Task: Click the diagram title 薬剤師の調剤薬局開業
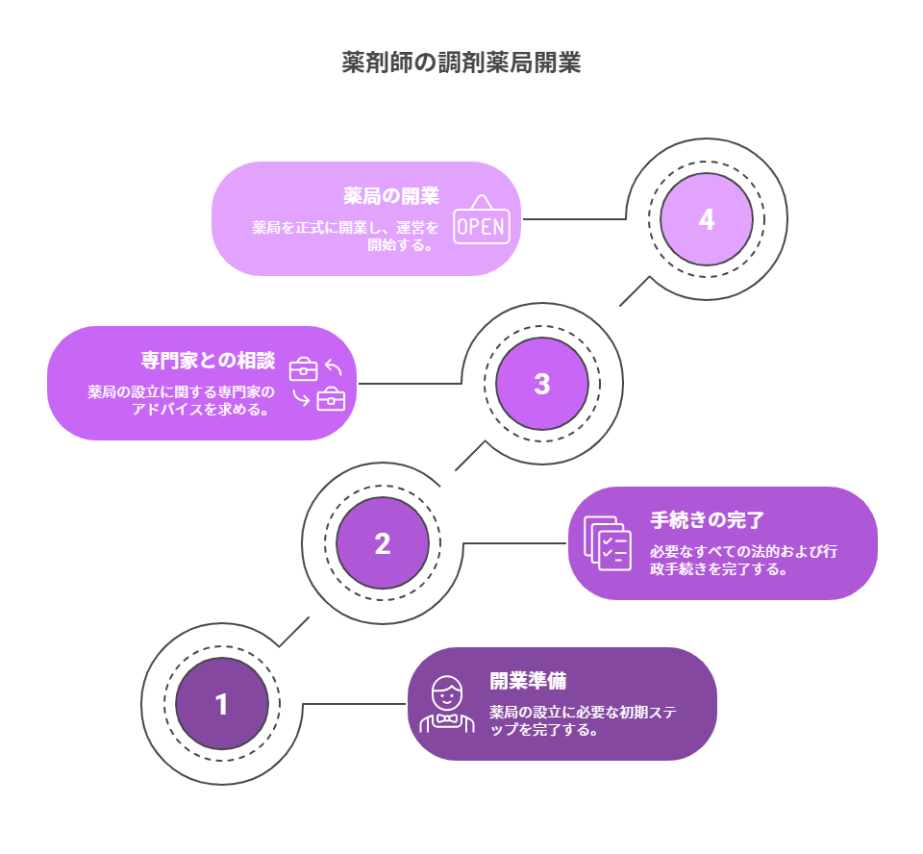tap(461, 63)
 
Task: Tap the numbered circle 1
tap(222, 704)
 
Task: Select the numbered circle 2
tap(383, 543)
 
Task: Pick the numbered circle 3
tap(542, 384)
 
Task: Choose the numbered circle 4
tap(707, 219)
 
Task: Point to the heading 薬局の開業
tap(391, 196)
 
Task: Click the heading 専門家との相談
tap(208, 361)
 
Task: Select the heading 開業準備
tap(528, 681)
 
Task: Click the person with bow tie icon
tap(446, 705)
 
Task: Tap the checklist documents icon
tap(609, 543)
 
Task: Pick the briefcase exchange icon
tap(317, 384)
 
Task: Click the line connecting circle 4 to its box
tap(574, 219)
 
